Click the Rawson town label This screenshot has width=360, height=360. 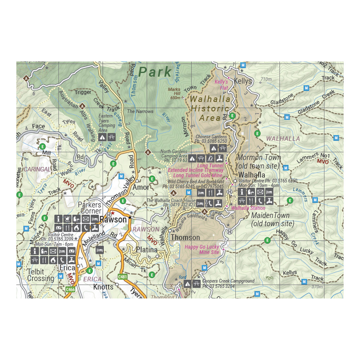(113, 220)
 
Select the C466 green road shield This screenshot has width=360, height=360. (70, 290)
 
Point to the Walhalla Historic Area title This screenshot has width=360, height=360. (210, 108)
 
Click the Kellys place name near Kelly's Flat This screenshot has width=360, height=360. (243, 81)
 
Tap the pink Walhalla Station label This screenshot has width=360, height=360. (248, 208)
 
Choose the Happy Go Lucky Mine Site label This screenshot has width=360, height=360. (202, 249)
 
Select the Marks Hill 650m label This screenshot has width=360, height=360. (175, 93)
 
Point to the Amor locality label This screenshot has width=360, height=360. (141, 187)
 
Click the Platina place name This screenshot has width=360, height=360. (147, 250)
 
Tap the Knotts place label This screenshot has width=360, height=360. (103, 287)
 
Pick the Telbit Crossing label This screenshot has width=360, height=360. (41, 275)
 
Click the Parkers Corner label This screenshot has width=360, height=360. (89, 207)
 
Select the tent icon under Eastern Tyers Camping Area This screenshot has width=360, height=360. (102, 137)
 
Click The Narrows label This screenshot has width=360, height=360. (140, 111)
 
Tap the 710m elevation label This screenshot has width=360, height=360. (266, 79)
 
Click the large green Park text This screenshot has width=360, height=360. (155, 72)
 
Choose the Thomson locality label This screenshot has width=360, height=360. (185, 237)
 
